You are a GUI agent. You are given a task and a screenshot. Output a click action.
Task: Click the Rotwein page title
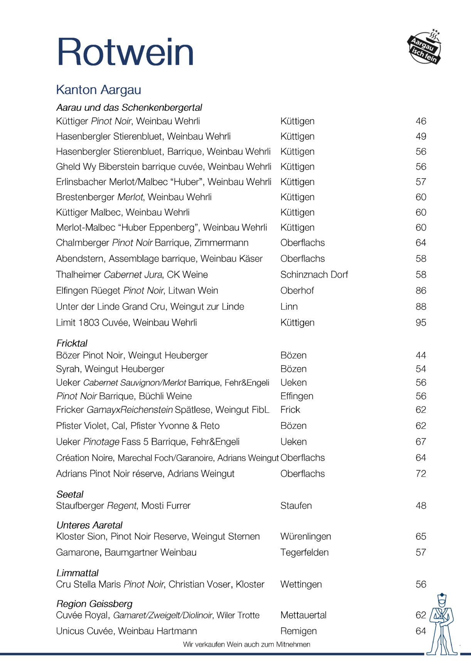tap(125, 52)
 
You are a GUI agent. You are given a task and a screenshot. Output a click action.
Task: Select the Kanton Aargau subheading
tap(99, 90)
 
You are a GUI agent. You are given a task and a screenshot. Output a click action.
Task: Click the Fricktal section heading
tap(72, 343)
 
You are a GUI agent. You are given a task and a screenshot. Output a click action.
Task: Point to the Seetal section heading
tap(70, 494)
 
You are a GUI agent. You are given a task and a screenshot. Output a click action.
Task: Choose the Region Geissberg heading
tap(94, 604)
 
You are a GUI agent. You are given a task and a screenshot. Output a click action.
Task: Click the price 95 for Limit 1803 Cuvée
tap(421, 323)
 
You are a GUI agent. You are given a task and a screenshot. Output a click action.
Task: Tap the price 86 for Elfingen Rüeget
tap(421, 290)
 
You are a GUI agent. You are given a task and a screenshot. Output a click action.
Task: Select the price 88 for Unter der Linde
tap(421, 307)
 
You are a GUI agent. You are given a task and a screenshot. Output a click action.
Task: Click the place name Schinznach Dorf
tap(314, 275)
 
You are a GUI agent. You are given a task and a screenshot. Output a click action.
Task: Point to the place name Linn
tap(289, 307)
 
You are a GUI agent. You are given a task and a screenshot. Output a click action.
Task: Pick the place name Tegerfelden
tap(304, 552)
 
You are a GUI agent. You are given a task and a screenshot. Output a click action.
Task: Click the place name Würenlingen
tap(306, 536)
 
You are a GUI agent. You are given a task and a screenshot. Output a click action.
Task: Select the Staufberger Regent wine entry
tap(123, 506)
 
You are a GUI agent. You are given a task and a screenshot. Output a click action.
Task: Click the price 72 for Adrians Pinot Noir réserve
tap(421, 474)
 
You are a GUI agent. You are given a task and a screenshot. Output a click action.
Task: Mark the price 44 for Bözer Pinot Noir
tap(421, 355)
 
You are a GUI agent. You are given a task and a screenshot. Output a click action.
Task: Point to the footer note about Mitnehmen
tap(247, 644)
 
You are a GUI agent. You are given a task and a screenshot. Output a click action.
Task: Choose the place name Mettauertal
tap(303, 615)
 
